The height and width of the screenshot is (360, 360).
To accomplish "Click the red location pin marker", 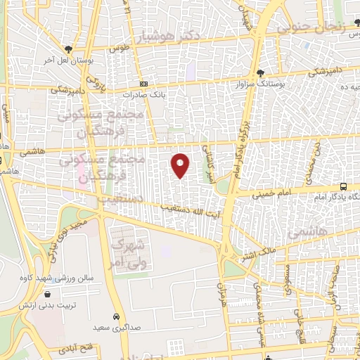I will pyautogui.click(x=181, y=165).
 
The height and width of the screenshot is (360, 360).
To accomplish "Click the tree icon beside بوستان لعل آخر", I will pyautogui.click(x=67, y=49).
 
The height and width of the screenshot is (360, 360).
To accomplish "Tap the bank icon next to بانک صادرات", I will pyautogui.click(x=143, y=84).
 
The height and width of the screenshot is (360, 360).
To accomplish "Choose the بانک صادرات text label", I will pyautogui.click(x=143, y=94).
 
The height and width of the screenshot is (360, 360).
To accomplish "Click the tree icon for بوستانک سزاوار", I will pyautogui.click(x=261, y=73).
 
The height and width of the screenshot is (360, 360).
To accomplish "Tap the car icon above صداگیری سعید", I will pyautogui.click(x=116, y=316).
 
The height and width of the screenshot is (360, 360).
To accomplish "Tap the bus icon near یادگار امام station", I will pyautogui.click(x=343, y=186).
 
